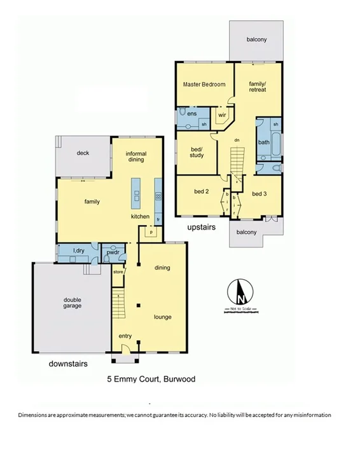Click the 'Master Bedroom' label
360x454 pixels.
point(204,85)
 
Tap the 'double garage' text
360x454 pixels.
point(72,303)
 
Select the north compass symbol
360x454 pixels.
point(240,294)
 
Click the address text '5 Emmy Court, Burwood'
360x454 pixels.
point(151,380)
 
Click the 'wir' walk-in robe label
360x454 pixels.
point(222,115)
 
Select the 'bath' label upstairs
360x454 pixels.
point(263,142)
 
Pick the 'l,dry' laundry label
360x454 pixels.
point(80,251)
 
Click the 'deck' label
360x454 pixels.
point(83,153)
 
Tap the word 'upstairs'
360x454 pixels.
point(202,226)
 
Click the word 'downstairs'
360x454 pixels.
point(68,364)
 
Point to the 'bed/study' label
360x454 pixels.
point(197,152)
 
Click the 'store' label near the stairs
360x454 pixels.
point(117,273)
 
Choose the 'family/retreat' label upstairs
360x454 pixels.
point(257,86)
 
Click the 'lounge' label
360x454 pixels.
point(162,317)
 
